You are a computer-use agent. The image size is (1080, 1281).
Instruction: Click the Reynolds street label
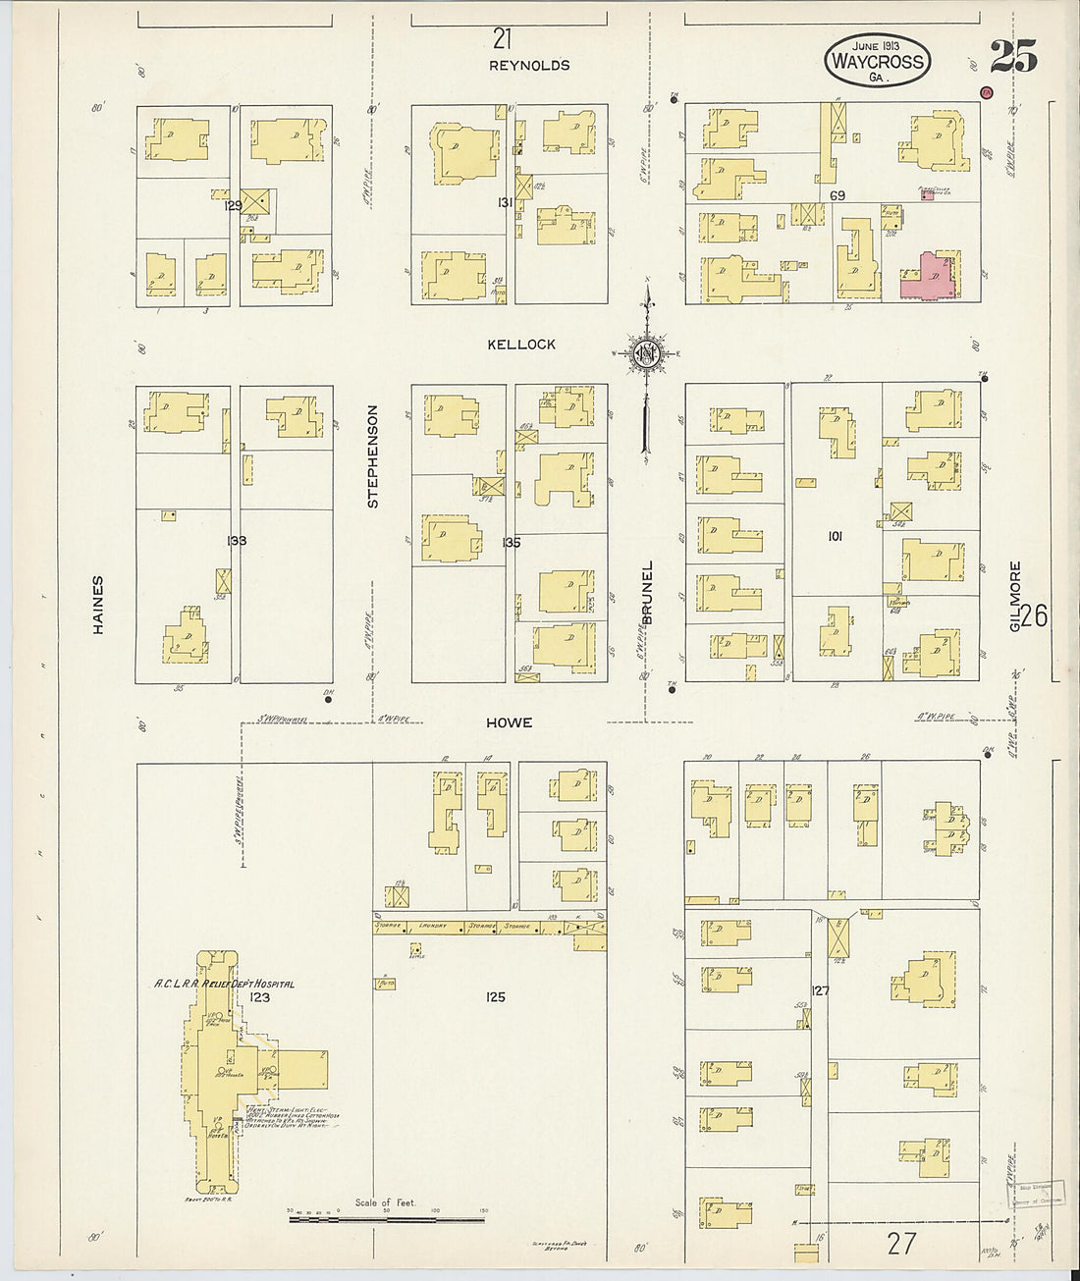pos(529,66)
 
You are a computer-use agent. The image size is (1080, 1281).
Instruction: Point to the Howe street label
pos(509,722)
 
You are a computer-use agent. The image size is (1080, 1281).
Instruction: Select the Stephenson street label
pos(373,456)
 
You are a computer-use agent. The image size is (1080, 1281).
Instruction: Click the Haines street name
pos(98,605)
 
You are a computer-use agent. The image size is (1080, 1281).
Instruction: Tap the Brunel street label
pos(646,590)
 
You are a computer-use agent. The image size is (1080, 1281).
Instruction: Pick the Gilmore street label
pos(1015,595)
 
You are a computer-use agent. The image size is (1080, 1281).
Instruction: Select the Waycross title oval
pos(877,61)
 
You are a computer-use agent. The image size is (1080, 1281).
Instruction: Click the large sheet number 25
pos(1012,57)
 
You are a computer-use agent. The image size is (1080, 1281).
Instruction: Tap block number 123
pos(259,997)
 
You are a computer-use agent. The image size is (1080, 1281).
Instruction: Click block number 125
pos(495,997)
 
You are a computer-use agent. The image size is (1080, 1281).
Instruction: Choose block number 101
pos(835,537)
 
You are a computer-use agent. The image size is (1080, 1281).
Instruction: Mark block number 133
pos(236,541)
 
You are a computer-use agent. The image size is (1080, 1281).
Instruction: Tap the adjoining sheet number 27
pos(901,1244)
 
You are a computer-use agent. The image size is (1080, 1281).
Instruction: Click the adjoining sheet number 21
pos(503,38)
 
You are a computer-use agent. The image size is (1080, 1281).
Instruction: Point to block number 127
pos(821,990)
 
